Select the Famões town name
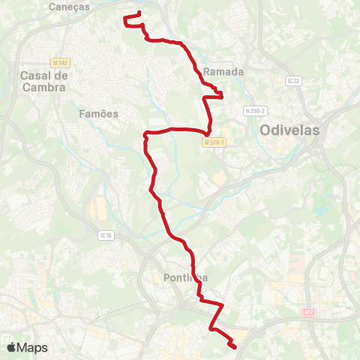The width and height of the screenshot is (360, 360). [98, 114]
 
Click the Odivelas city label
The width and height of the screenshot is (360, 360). [289, 130]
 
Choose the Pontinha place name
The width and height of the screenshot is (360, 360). [184, 278]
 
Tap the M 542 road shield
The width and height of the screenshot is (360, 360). [61, 63]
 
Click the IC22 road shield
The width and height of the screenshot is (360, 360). [292, 81]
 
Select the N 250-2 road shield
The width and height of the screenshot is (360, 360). [255, 111]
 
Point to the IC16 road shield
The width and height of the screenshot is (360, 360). [105, 235]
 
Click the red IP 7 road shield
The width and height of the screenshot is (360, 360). [309, 310]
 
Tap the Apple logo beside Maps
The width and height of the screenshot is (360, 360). [12, 347]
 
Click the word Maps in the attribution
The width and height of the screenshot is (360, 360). [33, 347]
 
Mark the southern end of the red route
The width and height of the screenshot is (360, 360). [234, 346]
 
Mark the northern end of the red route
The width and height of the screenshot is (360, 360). [139, 13]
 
